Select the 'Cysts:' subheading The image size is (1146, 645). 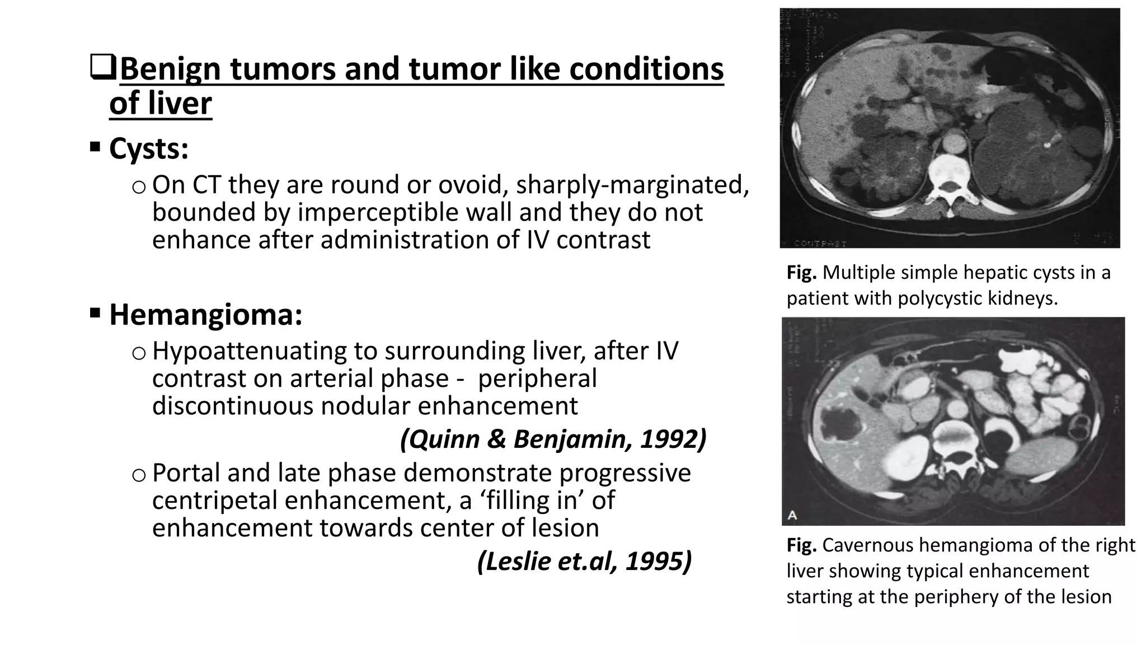click(149, 149)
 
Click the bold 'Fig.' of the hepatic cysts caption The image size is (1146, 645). click(801, 273)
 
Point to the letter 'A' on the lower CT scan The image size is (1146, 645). click(792, 515)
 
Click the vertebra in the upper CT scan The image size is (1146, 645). click(950, 179)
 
